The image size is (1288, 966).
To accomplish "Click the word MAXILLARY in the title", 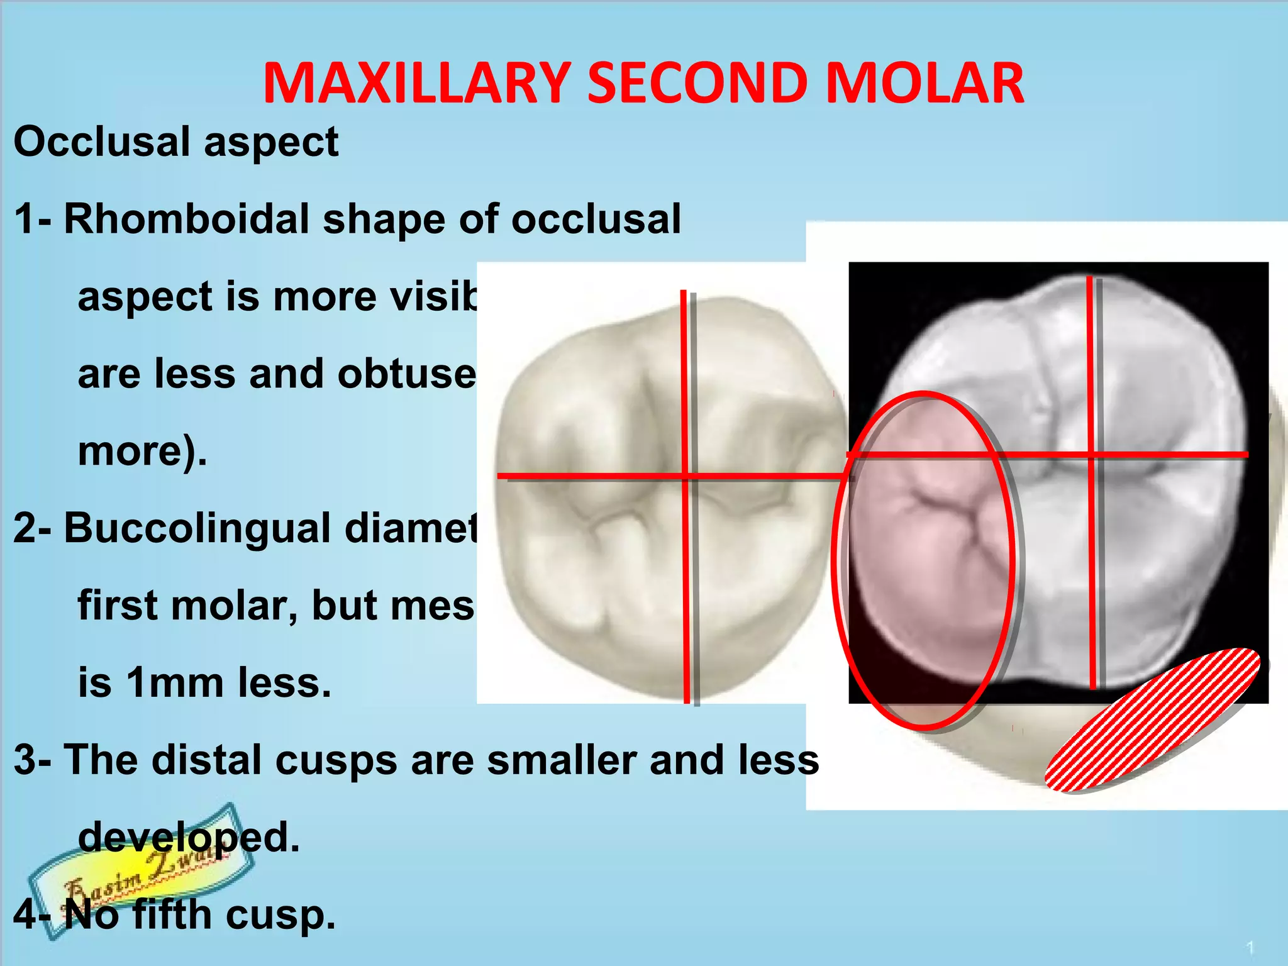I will pos(416,83).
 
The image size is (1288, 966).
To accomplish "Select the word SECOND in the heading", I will pos(697,83).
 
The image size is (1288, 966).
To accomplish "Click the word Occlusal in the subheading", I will pos(102,142).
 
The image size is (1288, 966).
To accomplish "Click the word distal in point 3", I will pos(199,760).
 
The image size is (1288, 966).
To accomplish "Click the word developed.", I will pos(189,837).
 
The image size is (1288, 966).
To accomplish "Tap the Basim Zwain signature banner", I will pos(142,871).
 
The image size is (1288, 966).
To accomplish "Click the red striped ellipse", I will pos(1152,720).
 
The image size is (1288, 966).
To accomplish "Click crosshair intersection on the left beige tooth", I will pos(686,476).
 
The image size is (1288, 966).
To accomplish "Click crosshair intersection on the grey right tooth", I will pos(1092,454).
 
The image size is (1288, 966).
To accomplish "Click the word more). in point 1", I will pos(142,451).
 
